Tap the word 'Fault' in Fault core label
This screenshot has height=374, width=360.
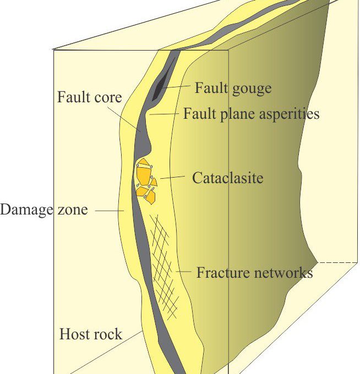[x=74, y=97]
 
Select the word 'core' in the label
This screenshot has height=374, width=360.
[x=108, y=98]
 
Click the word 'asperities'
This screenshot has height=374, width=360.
[x=289, y=114]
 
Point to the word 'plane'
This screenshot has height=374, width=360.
[x=238, y=114]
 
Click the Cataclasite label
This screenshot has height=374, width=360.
[x=228, y=178]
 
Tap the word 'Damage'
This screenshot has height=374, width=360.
[x=26, y=210]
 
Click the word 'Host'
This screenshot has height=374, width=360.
[x=72, y=334]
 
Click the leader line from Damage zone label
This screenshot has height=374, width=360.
[x=110, y=211]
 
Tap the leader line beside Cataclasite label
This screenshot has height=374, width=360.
[x=172, y=177]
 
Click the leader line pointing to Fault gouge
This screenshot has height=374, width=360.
[x=176, y=86]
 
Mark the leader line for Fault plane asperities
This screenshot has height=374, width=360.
[x=164, y=114]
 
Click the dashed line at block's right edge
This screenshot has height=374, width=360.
[x=337, y=262]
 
